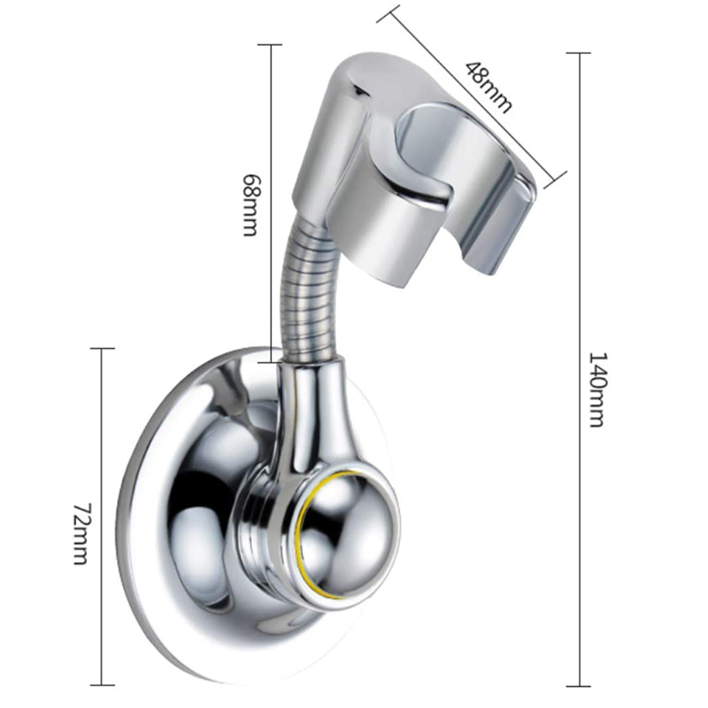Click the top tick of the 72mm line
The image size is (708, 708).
coord(103,349)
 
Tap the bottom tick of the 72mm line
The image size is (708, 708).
coord(103,684)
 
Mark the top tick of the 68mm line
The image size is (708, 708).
coord(270,44)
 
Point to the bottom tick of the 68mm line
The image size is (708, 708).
coord(270,360)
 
